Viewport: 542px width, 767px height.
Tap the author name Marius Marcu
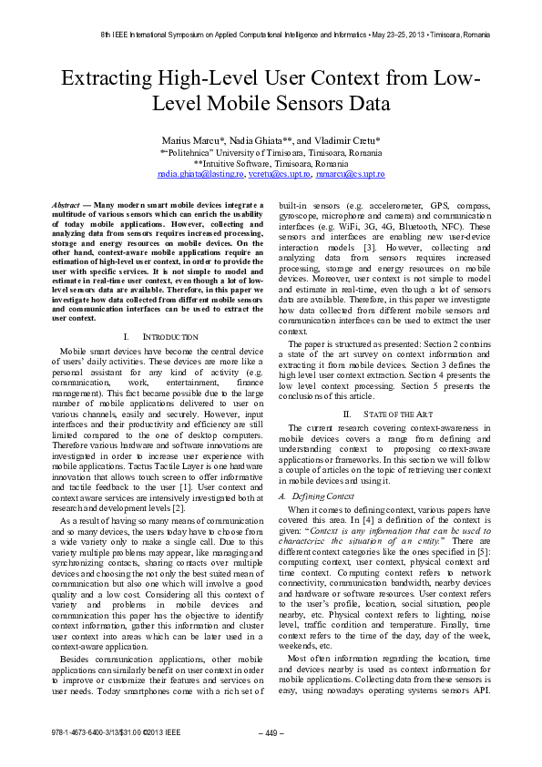(189, 141)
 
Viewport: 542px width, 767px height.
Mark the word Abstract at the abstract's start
(66, 208)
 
